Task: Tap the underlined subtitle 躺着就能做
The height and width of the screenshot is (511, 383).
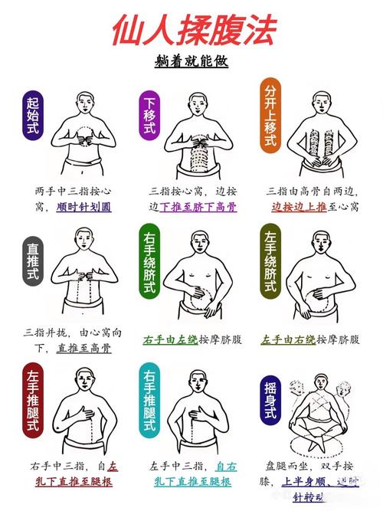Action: (191, 61)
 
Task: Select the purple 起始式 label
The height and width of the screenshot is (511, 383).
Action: (32, 116)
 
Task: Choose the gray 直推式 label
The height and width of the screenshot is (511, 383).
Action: (32, 265)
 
